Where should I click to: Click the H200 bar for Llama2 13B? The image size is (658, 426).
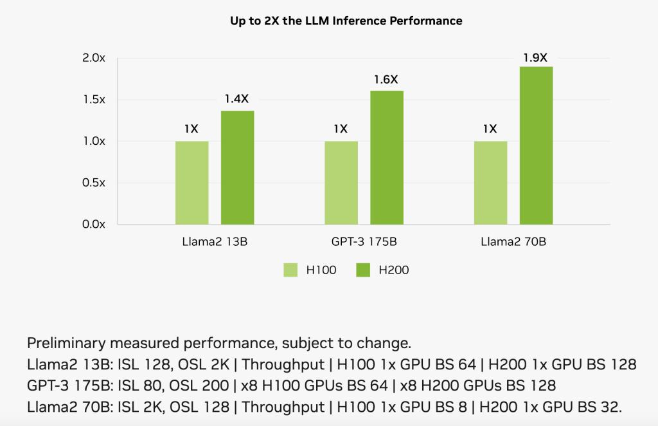pyautogui.click(x=238, y=167)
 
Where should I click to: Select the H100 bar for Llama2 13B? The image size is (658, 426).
pyautogui.click(x=191, y=183)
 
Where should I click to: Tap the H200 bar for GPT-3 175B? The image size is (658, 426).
pyautogui.click(x=387, y=158)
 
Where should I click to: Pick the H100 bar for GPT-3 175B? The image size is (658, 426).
pyautogui.click(x=341, y=183)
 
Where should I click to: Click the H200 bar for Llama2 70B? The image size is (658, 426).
pyautogui.click(x=536, y=145)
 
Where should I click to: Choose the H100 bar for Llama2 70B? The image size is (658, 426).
pyautogui.click(x=490, y=183)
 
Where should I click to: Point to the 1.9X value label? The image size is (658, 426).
pyautogui.click(x=535, y=57)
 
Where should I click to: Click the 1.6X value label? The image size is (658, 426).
pyautogui.click(x=386, y=80)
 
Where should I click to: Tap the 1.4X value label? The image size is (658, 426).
pyautogui.click(x=236, y=99)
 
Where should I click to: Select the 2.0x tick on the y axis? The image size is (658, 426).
pyautogui.click(x=94, y=58)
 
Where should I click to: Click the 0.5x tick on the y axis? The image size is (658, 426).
pyautogui.click(x=94, y=183)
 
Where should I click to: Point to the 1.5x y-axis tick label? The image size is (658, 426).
pyautogui.click(x=94, y=100)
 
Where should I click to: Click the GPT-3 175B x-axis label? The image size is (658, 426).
pyautogui.click(x=364, y=243)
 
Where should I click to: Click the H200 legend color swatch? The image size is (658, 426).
pyautogui.click(x=363, y=270)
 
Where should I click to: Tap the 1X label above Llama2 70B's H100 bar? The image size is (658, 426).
pyautogui.click(x=490, y=129)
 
